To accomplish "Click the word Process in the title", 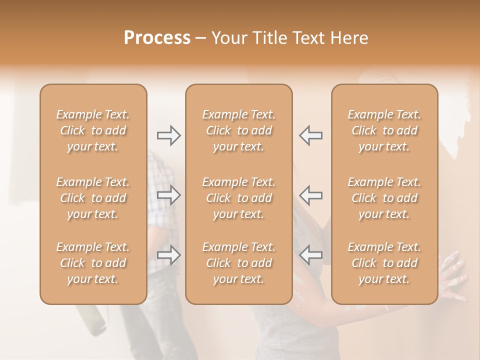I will [157, 38].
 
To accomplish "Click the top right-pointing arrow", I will [168, 135].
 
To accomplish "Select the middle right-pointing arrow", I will [168, 195].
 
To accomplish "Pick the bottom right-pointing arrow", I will [168, 255].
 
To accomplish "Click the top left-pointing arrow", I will [311, 135].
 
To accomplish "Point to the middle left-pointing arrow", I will [311, 195].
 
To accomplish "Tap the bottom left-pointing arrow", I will [311, 255].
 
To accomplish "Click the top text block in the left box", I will [93, 130].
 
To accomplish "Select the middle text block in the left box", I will [93, 198].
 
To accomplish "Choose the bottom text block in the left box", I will [93, 263].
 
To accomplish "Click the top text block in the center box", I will [238, 130].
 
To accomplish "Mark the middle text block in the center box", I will [238, 198].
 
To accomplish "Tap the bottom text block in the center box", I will [238, 263].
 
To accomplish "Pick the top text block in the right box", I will [384, 130].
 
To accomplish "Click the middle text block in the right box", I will [384, 198].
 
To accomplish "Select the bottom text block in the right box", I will [384, 263].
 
